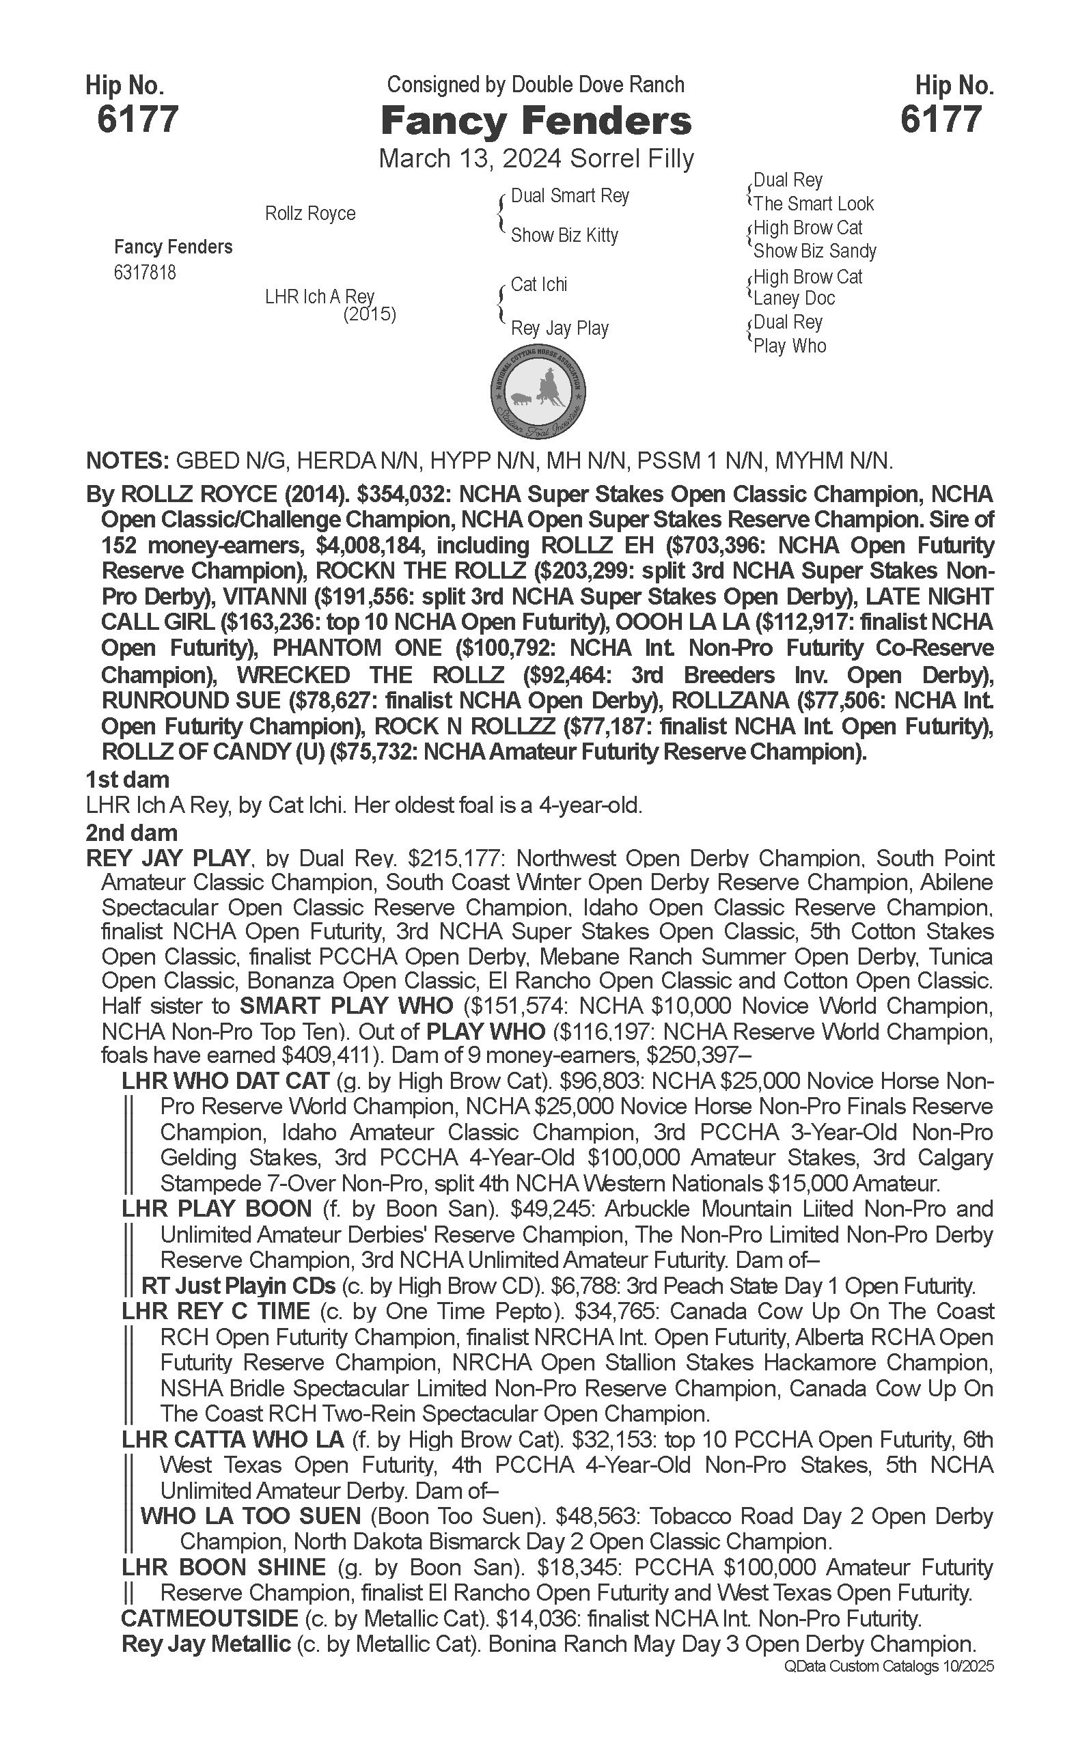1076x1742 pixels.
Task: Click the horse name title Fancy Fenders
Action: pos(536,121)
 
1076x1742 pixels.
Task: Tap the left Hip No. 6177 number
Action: pos(137,119)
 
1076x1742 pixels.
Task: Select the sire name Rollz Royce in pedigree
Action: pos(309,213)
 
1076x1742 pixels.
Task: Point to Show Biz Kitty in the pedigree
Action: pos(564,235)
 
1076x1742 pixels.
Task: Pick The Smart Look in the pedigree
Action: pos(814,204)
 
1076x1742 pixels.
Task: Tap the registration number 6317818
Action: pos(144,273)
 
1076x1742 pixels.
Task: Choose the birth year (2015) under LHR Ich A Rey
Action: pos(370,314)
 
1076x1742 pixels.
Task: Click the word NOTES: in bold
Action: pos(126,460)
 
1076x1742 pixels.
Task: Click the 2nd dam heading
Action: pos(132,832)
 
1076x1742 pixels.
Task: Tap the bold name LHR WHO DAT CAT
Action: pos(225,1081)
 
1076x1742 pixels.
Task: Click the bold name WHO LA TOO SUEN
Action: pos(251,1516)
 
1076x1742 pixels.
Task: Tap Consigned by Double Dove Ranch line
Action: pos(535,85)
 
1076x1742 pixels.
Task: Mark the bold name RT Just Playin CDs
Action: pos(238,1286)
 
